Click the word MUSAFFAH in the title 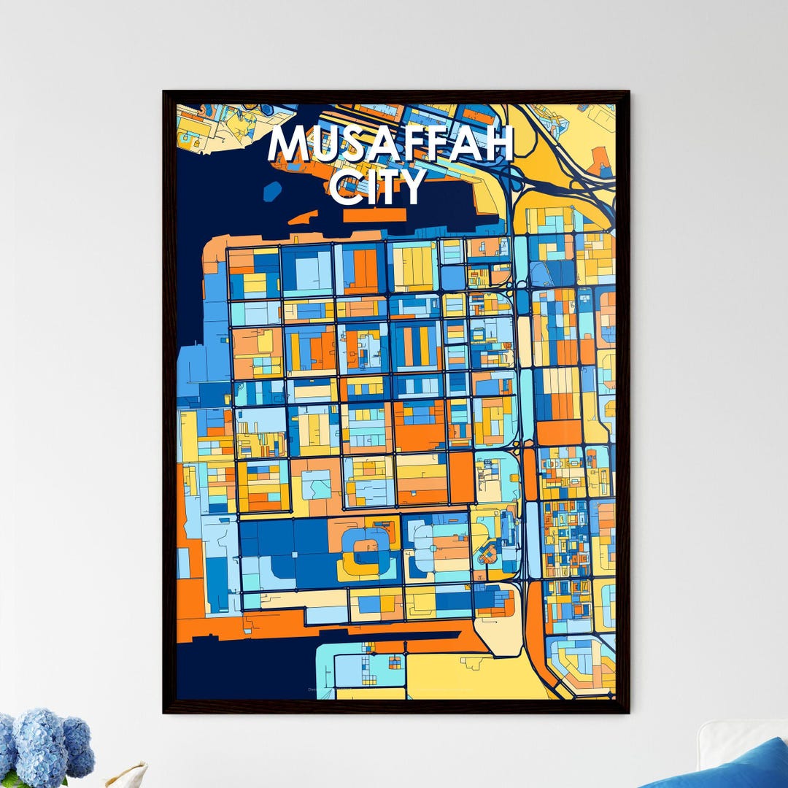[x=391, y=143]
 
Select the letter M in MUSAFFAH [x=288, y=144]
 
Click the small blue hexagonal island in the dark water [x=271, y=190]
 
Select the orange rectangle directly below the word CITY [x=374, y=215]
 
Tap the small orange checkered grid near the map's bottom [x=395, y=662]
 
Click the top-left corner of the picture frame [x=165, y=93]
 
